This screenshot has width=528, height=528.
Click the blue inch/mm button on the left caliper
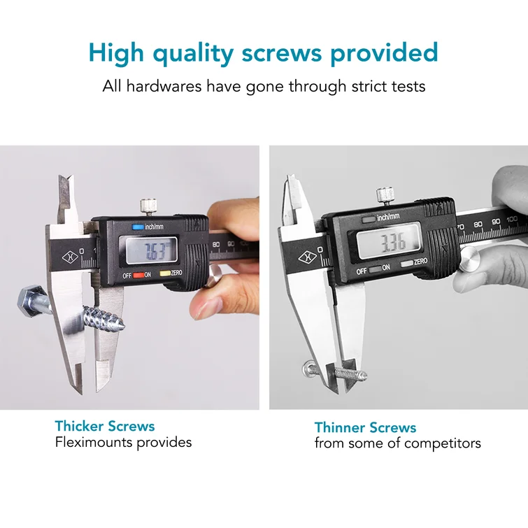coord(138,227)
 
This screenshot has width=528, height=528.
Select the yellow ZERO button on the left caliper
coord(165,273)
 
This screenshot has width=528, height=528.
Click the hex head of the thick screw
coord(30,301)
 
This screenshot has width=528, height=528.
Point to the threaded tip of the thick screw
coord(120,324)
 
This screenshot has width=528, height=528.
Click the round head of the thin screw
coord(308,369)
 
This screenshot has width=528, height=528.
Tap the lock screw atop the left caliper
coord(148,207)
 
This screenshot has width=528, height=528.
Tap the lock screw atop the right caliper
coord(385,196)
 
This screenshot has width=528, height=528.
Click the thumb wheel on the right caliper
coord(469,257)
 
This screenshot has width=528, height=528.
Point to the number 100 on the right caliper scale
coord(512,219)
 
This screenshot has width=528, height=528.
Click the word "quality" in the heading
coord(193,54)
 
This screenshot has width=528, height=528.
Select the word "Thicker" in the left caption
coord(79,427)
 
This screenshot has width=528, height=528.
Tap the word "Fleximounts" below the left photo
coord(95,442)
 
